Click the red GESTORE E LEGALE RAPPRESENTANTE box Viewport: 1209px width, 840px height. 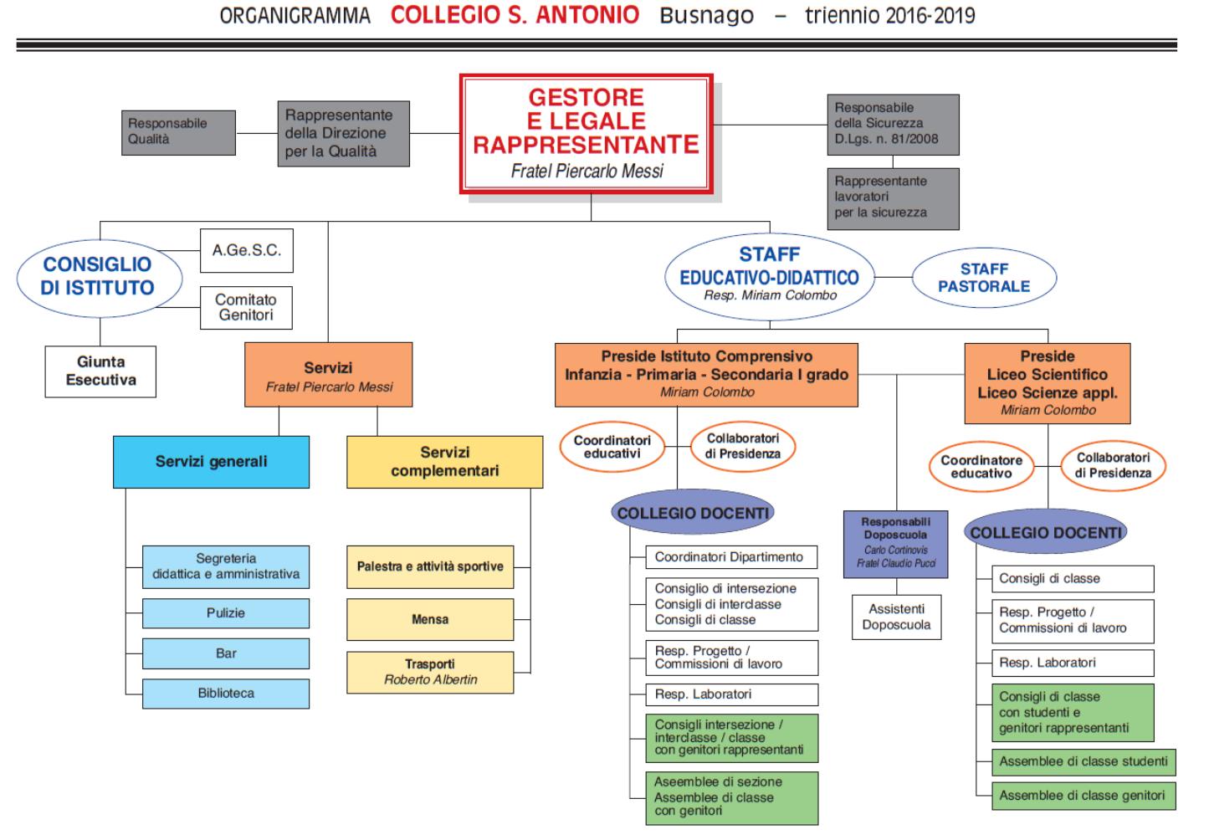point(587,134)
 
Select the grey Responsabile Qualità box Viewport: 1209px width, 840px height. point(179,133)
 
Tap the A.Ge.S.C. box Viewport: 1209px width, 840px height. point(247,250)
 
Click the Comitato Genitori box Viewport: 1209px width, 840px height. point(246,308)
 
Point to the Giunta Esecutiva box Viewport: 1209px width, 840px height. point(101,371)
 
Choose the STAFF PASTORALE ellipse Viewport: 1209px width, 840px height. point(984,278)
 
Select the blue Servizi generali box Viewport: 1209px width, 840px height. point(211,462)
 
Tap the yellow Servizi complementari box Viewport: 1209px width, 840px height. point(445,462)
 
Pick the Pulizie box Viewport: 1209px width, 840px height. point(226,613)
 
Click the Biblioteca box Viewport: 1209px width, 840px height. point(226,694)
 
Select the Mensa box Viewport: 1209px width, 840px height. point(430,620)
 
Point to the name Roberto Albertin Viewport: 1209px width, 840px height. point(431,679)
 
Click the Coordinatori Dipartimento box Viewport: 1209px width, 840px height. point(731,557)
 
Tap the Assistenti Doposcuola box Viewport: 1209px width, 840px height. point(896,617)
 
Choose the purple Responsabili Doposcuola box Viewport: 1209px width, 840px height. point(895,544)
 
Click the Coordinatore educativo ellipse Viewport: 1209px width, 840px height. point(981,467)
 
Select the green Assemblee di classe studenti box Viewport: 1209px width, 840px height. point(1083,762)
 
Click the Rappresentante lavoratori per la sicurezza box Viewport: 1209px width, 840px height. point(894,199)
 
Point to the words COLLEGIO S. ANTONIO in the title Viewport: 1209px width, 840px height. point(515,15)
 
